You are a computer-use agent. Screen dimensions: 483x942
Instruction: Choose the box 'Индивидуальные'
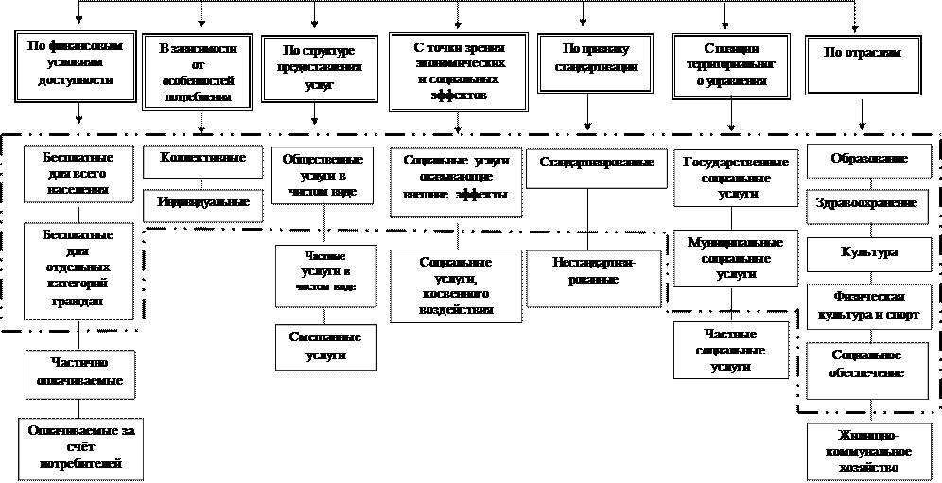click(x=203, y=204)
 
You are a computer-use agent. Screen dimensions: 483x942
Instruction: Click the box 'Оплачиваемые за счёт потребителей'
click(x=82, y=448)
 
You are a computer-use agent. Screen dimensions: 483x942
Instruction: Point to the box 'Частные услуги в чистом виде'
click(x=324, y=275)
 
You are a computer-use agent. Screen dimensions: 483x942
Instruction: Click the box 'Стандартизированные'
click(x=597, y=164)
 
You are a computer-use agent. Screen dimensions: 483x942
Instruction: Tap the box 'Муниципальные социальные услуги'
click(x=735, y=258)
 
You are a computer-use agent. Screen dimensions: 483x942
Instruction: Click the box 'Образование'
click(x=869, y=160)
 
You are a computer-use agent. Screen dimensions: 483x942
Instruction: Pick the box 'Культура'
click(x=869, y=253)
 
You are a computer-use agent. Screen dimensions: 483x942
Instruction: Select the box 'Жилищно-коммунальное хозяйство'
click(x=869, y=452)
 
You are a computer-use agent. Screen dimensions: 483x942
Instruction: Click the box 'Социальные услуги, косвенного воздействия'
click(x=455, y=285)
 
